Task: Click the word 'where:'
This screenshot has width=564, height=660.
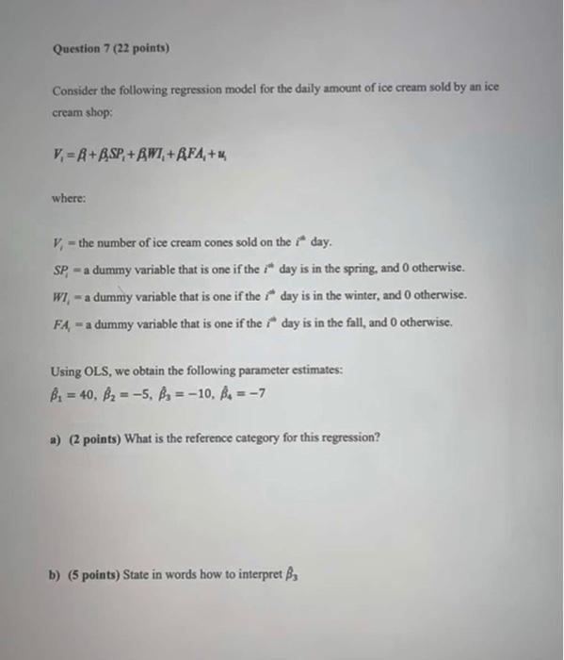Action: (x=69, y=199)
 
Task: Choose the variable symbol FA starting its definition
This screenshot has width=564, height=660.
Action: (x=63, y=322)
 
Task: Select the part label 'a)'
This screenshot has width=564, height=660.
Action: (x=56, y=438)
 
